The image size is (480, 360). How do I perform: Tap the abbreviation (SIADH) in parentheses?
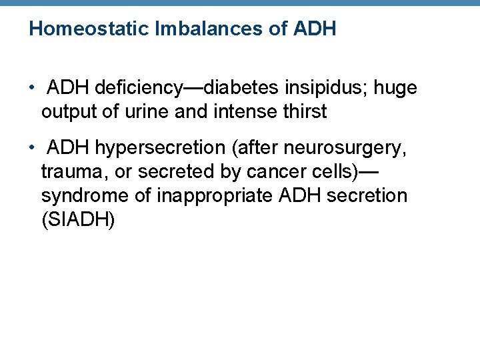pyautogui.click(x=78, y=220)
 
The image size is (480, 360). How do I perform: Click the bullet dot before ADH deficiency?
pyautogui.click(x=32, y=89)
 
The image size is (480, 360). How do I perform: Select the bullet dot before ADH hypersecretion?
pyautogui.click(x=32, y=148)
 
